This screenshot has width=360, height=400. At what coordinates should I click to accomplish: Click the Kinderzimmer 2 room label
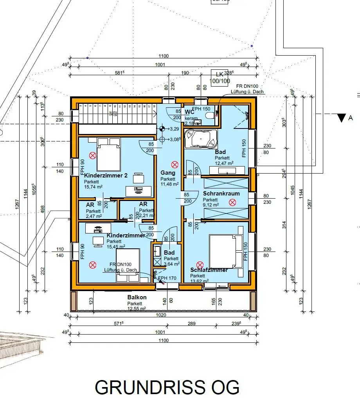106,176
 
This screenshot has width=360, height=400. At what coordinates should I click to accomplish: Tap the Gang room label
167,173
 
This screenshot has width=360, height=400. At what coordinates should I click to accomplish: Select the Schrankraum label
221,194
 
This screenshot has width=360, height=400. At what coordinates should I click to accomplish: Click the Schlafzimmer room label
209,270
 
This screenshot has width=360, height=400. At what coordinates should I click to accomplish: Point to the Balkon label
137,297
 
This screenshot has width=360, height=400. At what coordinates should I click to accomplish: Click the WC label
189,112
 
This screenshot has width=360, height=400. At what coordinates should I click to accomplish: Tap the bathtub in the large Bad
200,138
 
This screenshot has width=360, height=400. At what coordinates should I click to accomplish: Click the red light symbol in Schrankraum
233,202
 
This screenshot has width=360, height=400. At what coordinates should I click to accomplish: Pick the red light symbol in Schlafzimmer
200,264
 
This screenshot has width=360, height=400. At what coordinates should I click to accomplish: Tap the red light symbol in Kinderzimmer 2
93,156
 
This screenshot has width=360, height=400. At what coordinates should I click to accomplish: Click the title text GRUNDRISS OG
167,387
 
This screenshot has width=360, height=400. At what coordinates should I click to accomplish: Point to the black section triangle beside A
342,118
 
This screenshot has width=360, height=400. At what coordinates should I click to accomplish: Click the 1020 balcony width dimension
161,315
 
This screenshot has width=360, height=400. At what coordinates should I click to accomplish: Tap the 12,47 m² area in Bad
224,163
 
